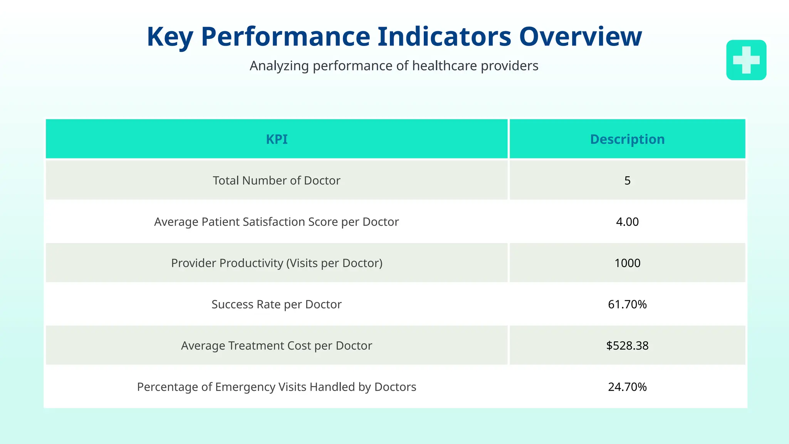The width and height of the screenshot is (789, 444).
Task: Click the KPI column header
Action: (x=277, y=139)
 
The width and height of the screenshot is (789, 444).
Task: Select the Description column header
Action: (x=627, y=139)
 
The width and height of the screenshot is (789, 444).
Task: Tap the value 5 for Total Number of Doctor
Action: (x=627, y=180)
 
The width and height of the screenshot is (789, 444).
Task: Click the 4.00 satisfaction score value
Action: (x=627, y=222)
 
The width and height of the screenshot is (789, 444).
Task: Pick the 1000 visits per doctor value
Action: (x=627, y=263)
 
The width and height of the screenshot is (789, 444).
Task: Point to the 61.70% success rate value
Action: (x=627, y=304)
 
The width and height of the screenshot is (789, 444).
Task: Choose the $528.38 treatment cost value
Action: (x=627, y=345)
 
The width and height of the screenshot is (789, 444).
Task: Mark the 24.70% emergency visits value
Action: (x=627, y=387)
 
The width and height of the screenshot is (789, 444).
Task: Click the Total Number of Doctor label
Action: (x=277, y=180)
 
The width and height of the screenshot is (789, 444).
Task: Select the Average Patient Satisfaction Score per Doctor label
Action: (x=277, y=222)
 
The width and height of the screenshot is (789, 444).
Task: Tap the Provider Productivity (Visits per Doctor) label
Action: (x=277, y=263)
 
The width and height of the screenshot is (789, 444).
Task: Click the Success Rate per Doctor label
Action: (x=277, y=304)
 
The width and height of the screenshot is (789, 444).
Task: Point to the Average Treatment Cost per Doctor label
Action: (x=277, y=345)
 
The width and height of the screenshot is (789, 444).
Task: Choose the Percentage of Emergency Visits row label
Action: (x=277, y=387)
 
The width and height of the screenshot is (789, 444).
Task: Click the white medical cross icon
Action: (x=746, y=60)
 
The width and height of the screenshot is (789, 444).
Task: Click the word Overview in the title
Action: (x=580, y=37)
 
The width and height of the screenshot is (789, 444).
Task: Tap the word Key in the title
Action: (x=170, y=37)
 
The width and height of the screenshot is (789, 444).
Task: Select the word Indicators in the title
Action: (x=444, y=37)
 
